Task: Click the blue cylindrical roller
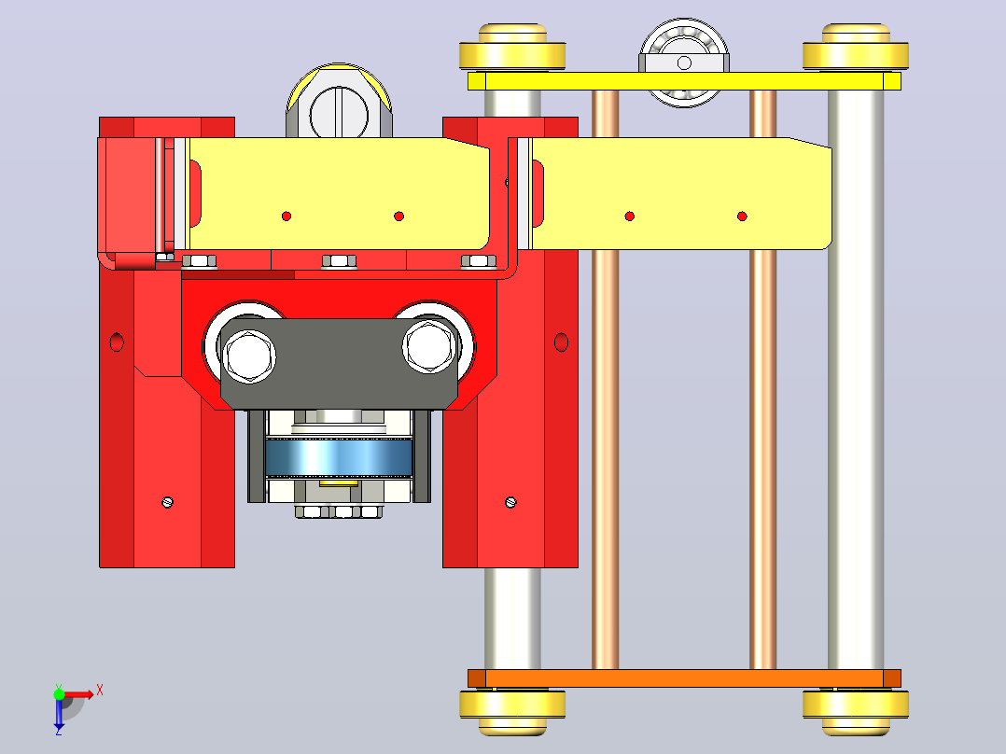tap(338, 457)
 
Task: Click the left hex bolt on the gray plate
tap(249, 356)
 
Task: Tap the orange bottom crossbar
tap(684, 678)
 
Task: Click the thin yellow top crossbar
tap(684, 81)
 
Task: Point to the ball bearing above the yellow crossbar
tap(684, 63)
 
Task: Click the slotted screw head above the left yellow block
tap(339, 116)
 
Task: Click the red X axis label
tap(100, 691)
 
